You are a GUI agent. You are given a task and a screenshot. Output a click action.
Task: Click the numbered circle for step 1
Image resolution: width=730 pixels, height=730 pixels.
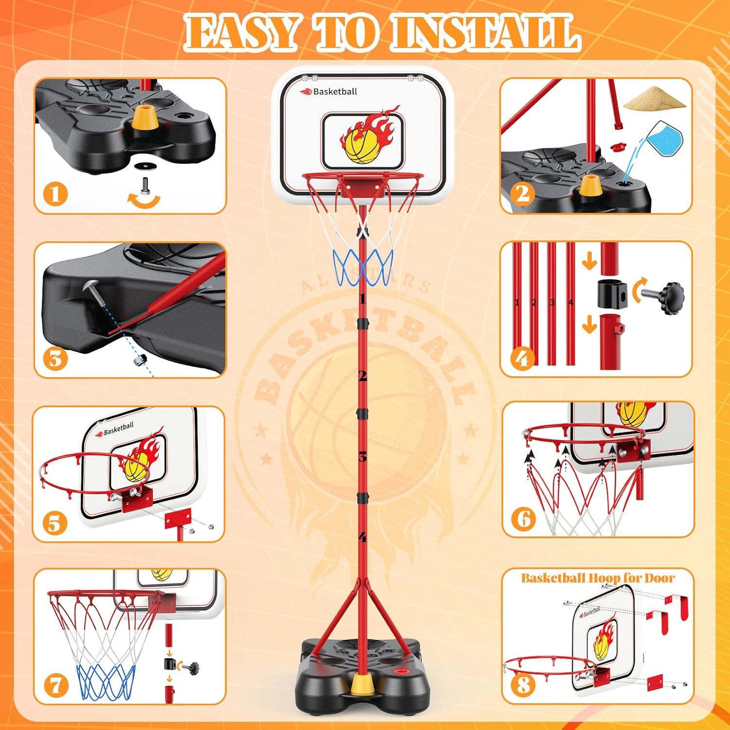(55, 194)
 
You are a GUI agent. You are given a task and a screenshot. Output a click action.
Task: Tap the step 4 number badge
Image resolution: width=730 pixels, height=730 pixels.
(522, 359)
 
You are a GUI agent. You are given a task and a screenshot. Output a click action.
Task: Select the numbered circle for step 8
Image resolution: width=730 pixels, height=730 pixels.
(523, 685)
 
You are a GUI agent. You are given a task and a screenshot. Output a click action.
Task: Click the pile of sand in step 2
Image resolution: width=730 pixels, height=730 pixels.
(650, 101)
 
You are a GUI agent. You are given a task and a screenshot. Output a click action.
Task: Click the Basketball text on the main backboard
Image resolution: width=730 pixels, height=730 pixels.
(335, 91)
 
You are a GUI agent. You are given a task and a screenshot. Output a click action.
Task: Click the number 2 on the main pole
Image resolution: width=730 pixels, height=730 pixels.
(362, 376)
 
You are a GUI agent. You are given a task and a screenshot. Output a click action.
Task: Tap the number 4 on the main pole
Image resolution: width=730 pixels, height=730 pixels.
(362, 537)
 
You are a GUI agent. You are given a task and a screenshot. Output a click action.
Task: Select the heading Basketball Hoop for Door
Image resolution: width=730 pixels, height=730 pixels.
(598, 578)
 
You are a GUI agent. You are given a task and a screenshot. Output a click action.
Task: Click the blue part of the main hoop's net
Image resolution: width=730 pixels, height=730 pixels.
(363, 267)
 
